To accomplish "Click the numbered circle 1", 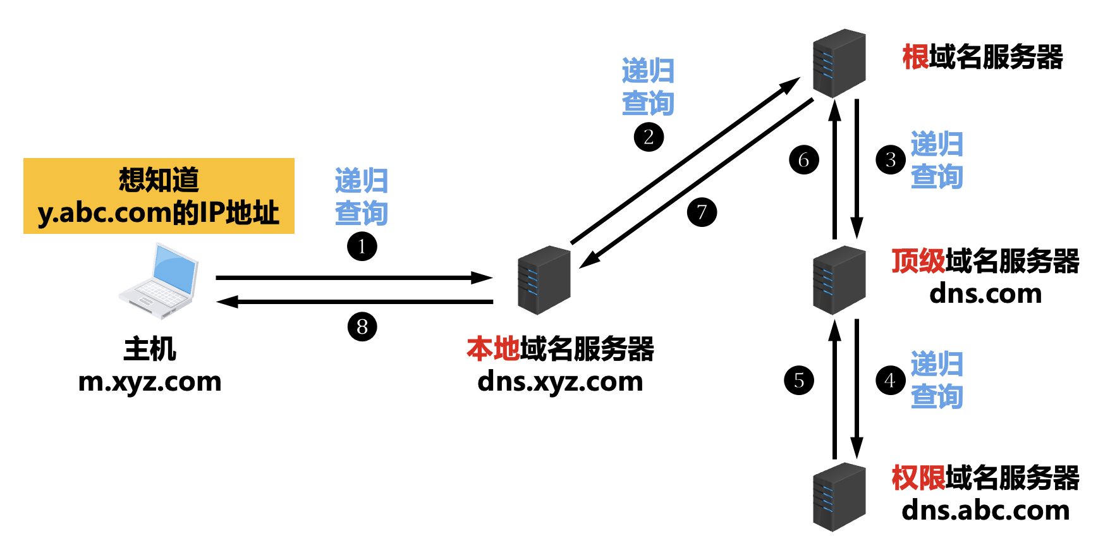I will (362, 247).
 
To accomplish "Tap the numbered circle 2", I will (649, 137).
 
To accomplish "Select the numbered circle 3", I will (891, 159).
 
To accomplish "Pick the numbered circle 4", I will (891, 381).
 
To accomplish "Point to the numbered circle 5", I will (799, 381).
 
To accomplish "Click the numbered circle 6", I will (804, 159).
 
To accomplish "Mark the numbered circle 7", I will (702, 212).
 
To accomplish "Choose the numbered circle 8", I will (362, 327).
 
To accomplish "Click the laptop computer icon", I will (159, 281).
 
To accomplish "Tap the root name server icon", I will (839, 63).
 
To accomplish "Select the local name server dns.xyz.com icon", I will (544, 280).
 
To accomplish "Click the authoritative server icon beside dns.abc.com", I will (839, 497).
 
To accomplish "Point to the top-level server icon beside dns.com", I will (839, 280).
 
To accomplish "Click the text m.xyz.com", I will (150, 382).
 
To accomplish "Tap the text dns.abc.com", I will (985, 510).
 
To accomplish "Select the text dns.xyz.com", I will (560, 382).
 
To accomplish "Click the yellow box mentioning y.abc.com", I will (159, 196).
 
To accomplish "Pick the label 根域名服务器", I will (982, 57).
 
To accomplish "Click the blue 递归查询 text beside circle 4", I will (937, 381).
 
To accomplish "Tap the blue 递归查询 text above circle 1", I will (361, 197).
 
